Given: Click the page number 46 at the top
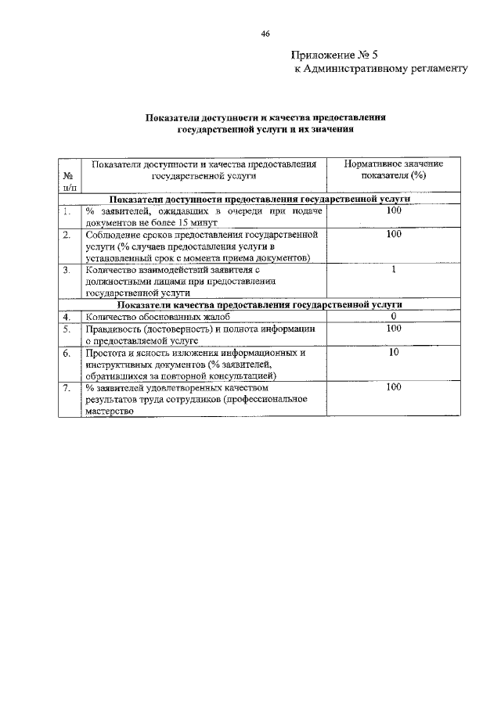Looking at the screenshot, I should (265, 34).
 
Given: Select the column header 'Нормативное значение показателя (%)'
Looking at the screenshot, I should (394, 171).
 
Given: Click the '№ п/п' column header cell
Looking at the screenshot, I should (69, 181).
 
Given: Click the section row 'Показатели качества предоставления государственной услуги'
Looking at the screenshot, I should (260, 304).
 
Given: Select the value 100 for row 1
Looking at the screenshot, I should (394, 211).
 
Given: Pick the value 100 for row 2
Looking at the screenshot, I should (394, 234).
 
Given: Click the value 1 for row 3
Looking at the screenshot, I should (394, 270).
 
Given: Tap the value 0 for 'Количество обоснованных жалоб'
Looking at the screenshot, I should (394, 316).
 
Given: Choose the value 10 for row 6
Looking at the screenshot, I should (394, 353).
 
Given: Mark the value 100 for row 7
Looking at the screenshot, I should (394, 387).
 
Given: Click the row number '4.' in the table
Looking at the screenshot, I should (67, 317).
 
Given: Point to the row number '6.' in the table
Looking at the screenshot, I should (67, 354).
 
